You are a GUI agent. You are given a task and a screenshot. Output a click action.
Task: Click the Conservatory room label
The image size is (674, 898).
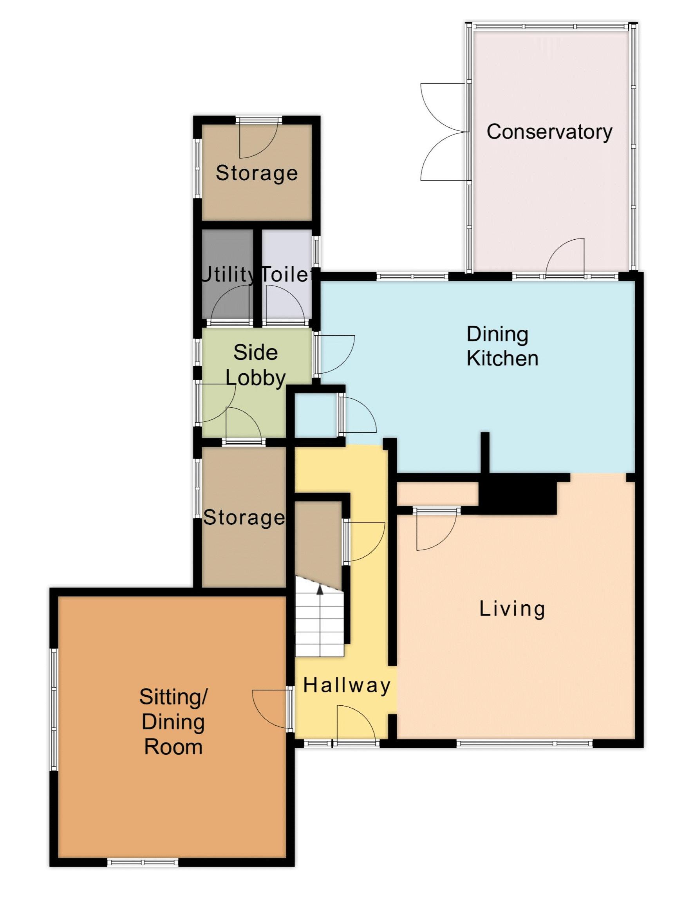(x=549, y=132)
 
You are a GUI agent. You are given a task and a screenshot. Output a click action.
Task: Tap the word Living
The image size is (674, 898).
(x=512, y=609)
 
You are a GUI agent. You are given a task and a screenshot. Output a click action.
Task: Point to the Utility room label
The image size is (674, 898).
(x=228, y=275)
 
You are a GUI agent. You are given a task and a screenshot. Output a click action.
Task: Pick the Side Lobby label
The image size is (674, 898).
(x=255, y=365)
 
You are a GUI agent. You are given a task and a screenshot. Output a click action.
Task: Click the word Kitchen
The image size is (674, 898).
(x=502, y=358)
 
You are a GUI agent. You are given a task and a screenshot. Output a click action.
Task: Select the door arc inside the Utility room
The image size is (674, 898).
(x=230, y=302)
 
